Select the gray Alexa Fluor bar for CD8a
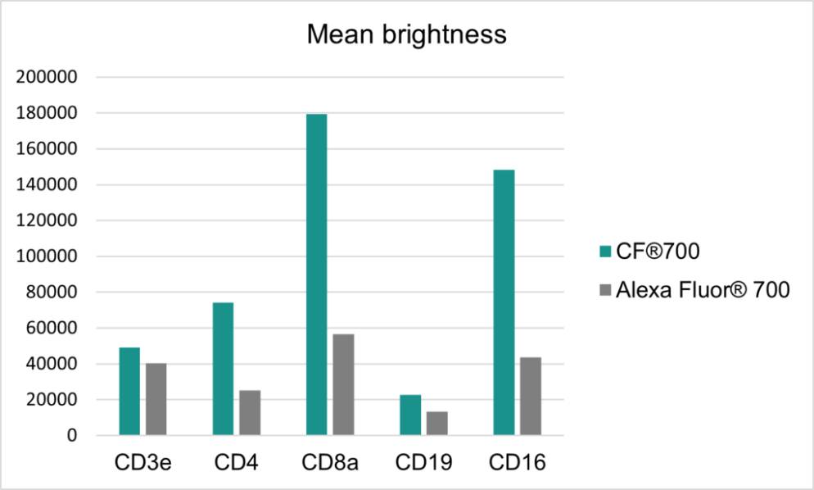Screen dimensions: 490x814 pyautogui.click(x=343, y=384)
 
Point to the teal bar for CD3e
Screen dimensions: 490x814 pyautogui.click(x=129, y=391)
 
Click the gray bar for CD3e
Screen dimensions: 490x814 pyautogui.click(x=156, y=398)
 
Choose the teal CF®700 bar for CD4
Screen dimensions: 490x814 pyautogui.click(x=223, y=369)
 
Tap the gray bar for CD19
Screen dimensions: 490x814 pyautogui.click(x=436, y=423)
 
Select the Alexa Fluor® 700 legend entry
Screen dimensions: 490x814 pyautogui.click(x=695, y=290)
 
